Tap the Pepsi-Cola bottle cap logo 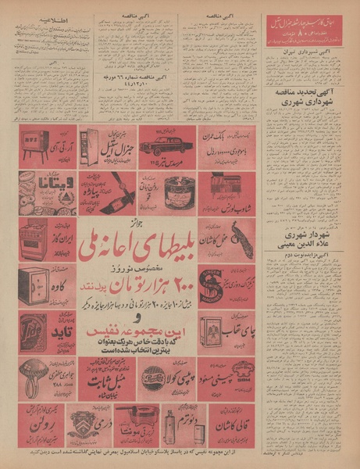coord(154,378)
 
